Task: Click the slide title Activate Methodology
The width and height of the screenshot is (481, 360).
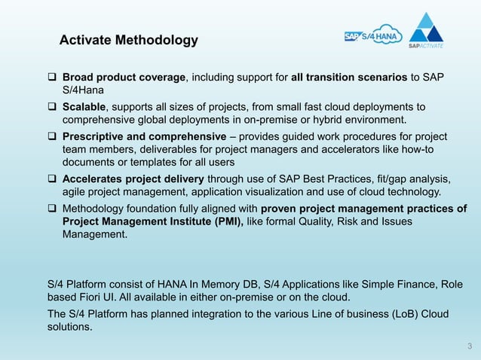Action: coord(128,40)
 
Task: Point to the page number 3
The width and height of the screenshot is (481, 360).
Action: coord(469,346)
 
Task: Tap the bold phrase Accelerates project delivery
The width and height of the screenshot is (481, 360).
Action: coord(133,178)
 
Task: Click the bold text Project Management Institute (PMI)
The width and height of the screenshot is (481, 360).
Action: coord(152,221)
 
